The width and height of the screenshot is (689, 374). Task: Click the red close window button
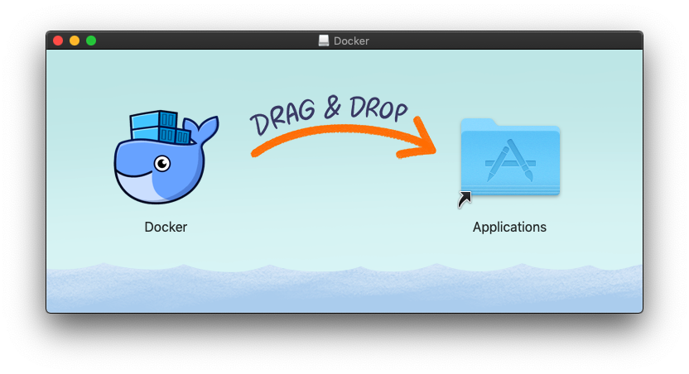coord(58,41)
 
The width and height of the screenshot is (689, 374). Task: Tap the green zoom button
coord(91,41)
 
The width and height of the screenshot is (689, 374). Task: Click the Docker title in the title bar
coord(351,41)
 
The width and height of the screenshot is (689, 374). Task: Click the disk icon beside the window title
coord(324,41)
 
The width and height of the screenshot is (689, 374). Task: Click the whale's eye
coord(163,163)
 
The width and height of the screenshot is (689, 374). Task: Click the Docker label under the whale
coord(166,227)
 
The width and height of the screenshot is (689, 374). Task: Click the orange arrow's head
coord(426,141)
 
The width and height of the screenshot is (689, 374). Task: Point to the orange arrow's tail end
coord(257,152)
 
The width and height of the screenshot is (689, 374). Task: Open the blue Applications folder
coord(510,157)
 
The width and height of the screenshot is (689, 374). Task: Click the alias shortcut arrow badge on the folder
coord(465,199)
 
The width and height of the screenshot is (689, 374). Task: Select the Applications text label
coord(509,227)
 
